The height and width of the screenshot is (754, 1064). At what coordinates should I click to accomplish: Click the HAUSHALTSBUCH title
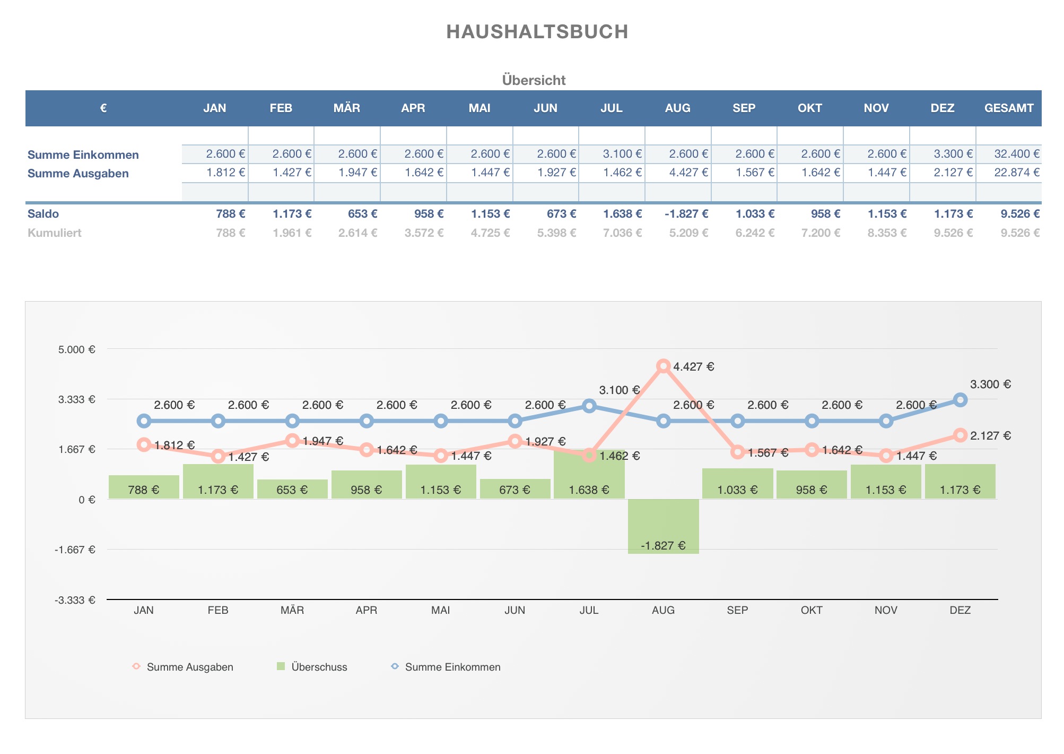pyautogui.click(x=537, y=32)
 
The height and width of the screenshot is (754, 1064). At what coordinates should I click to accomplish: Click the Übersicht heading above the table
pyautogui.click(x=534, y=80)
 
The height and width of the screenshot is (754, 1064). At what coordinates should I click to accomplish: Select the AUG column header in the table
pyautogui.click(x=677, y=108)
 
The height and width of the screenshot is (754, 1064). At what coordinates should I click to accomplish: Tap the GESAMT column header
pyautogui.click(x=1008, y=108)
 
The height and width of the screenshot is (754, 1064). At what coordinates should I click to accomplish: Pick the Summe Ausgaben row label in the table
pyautogui.click(x=78, y=174)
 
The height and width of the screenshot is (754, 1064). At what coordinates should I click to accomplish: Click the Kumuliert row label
pyautogui.click(x=54, y=233)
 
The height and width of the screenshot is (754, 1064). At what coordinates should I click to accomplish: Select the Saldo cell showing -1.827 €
pyautogui.click(x=686, y=214)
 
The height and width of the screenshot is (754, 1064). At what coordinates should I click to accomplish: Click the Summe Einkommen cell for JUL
pyautogui.click(x=622, y=154)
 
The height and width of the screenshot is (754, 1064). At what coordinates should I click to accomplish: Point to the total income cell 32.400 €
pyautogui.click(x=1016, y=154)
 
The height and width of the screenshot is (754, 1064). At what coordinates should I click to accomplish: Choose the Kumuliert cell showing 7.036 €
pyautogui.click(x=622, y=233)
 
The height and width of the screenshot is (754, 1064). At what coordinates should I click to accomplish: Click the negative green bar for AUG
pyautogui.click(x=663, y=526)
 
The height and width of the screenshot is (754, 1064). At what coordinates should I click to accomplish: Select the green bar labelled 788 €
pyautogui.click(x=144, y=487)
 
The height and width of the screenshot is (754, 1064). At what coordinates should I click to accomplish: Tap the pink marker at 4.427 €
pyautogui.click(x=663, y=366)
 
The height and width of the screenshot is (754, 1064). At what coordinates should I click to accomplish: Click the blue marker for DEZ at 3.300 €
pyautogui.click(x=960, y=400)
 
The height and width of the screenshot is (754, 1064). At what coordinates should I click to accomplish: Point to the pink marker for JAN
pyautogui.click(x=144, y=445)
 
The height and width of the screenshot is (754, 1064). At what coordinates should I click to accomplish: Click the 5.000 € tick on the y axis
pyautogui.click(x=77, y=349)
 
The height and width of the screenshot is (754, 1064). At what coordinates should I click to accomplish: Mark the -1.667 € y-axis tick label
pyautogui.click(x=75, y=550)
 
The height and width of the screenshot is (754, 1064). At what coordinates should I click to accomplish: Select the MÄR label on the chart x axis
pyautogui.click(x=292, y=610)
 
